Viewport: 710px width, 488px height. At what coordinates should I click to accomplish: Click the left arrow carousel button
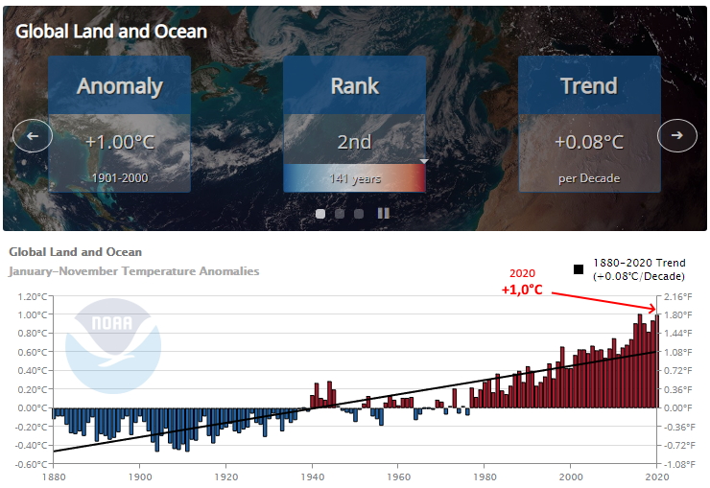(33, 136)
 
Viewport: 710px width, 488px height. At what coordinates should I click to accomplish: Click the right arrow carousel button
(677, 135)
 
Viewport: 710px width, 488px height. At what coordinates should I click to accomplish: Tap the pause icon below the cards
(383, 214)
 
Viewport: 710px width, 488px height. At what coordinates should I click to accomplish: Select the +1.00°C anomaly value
(120, 142)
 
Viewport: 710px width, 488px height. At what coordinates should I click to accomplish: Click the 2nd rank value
(354, 142)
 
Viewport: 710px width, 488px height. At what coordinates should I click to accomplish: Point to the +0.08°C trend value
(589, 142)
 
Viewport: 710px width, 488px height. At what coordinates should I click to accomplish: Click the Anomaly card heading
(120, 86)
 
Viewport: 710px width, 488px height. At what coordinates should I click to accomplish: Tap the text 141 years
(355, 178)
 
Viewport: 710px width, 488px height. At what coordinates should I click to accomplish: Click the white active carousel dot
(320, 214)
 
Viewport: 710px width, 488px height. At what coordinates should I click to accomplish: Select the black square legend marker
(579, 269)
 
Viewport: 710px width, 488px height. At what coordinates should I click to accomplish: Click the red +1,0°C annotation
(522, 290)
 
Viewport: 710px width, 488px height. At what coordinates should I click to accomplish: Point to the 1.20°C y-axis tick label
(33, 296)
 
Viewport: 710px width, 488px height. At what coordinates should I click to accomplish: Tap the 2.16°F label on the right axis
(677, 296)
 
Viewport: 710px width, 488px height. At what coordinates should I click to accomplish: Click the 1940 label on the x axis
(313, 476)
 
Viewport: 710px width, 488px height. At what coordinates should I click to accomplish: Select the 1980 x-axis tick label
(485, 476)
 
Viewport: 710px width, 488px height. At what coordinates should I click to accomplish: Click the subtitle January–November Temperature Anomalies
(134, 271)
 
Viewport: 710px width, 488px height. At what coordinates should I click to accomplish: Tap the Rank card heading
(355, 86)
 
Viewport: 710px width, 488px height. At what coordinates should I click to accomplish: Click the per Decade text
(589, 178)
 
